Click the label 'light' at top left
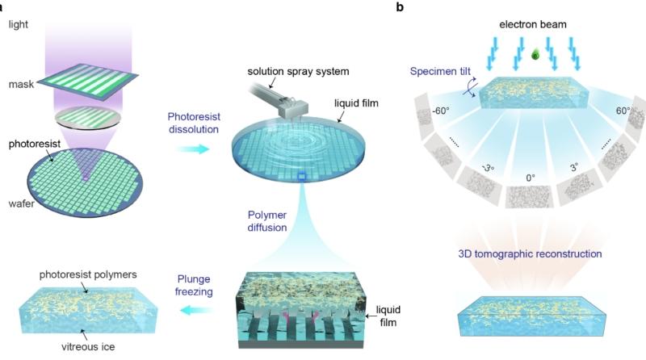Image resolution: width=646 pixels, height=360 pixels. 19,24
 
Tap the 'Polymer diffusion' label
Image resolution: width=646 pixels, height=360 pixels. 266,221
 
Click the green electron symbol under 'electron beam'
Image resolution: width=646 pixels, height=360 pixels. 534,56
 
